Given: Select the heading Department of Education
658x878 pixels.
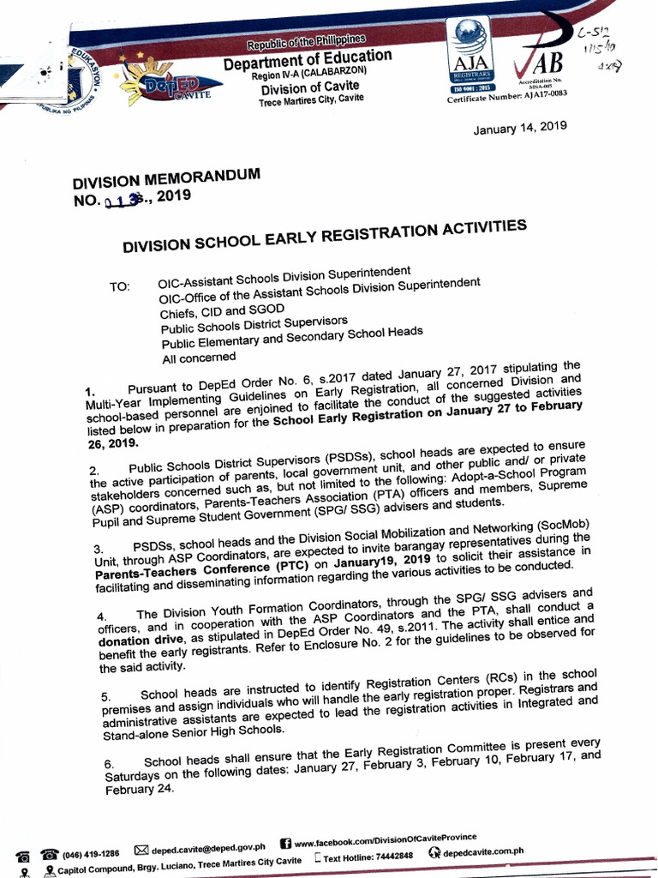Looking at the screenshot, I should (x=308, y=60).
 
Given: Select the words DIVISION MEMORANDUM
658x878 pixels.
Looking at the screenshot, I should (x=165, y=181).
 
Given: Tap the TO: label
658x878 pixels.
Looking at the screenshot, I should (x=119, y=287).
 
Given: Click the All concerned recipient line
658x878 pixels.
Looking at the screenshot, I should (x=199, y=358).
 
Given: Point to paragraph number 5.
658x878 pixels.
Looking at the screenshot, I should (x=105, y=696).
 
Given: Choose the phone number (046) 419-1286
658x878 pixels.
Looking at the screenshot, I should (x=90, y=854).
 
